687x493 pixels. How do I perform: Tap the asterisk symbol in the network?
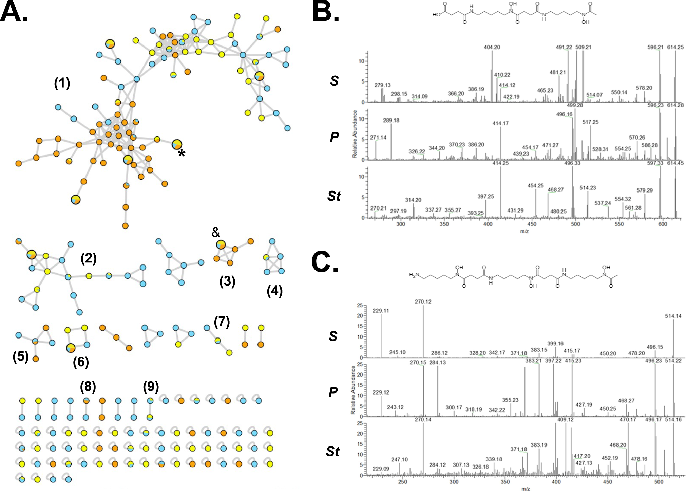182,154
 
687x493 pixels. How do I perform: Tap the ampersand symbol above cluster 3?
216,233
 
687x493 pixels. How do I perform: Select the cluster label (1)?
62,83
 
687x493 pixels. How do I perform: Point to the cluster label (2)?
89,259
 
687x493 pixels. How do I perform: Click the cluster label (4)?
274,291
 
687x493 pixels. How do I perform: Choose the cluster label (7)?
222,322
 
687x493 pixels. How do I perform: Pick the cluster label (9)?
151,386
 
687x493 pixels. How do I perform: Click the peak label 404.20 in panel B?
492,47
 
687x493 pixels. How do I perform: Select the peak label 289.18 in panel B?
391,121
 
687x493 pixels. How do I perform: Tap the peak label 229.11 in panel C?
381,311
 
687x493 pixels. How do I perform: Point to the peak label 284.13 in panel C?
438,363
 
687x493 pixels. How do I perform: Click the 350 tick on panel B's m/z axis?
444,224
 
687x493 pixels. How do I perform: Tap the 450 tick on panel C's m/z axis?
607,482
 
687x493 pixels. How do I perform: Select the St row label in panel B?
334,196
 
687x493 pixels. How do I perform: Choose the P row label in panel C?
333,392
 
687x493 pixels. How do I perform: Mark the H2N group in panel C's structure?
415,275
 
